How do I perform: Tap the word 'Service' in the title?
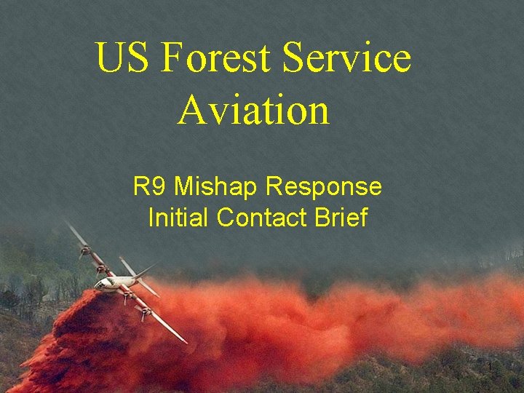(347, 58)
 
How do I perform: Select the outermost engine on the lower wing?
(146, 314)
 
